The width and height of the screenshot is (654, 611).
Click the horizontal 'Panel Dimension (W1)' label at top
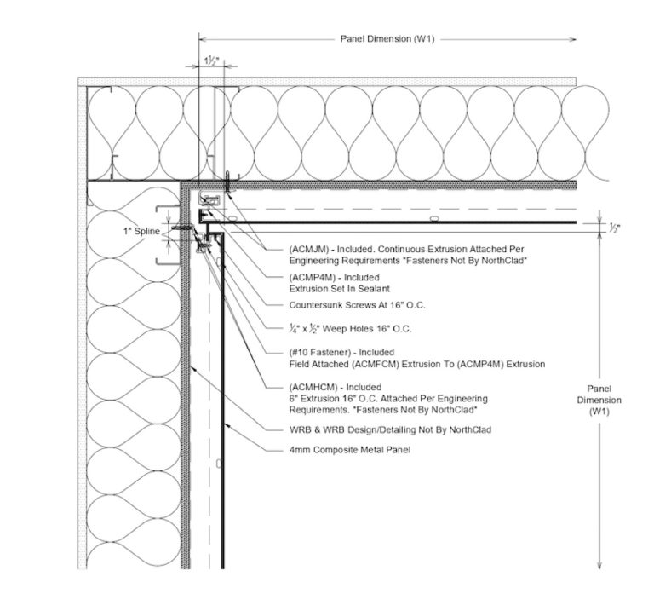[387, 39]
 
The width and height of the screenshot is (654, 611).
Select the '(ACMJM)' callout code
[308, 249]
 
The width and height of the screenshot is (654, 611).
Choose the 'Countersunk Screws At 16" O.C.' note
[353, 304]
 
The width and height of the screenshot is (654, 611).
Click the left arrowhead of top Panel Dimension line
[203, 39]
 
